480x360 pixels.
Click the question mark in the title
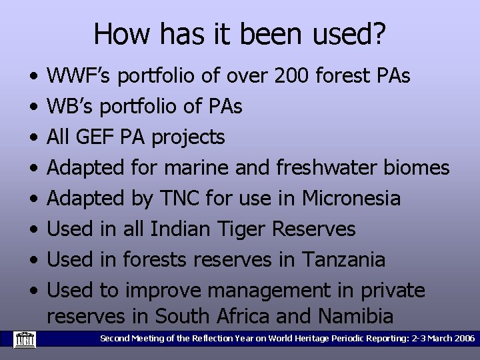click(379, 34)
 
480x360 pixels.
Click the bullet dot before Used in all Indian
click(33, 229)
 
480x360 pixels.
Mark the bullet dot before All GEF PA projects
click(33, 137)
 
